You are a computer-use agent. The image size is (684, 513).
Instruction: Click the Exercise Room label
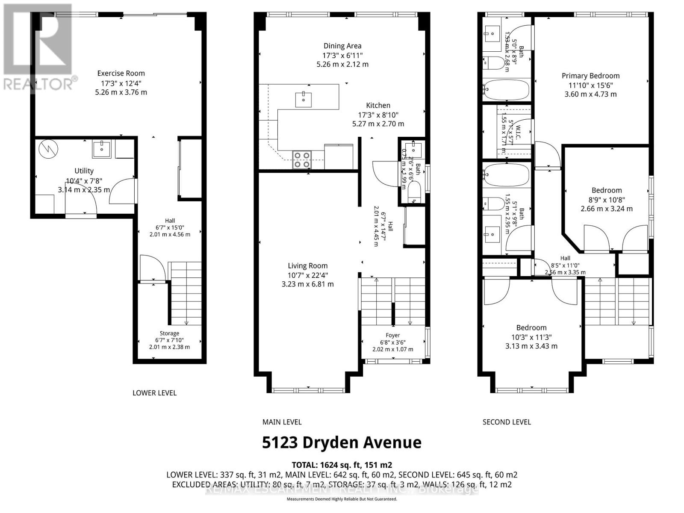(121, 73)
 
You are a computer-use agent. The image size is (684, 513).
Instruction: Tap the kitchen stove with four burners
(301, 160)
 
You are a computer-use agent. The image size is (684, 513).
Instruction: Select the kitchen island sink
(303, 100)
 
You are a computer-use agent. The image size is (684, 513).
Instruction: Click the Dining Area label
(342, 46)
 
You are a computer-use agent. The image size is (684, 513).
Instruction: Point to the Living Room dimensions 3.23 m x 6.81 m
(308, 284)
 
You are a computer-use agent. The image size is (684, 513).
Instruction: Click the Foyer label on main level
(393, 335)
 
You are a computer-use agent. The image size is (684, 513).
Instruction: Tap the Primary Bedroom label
(590, 76)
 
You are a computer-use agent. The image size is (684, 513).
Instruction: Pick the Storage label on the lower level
(169, 333)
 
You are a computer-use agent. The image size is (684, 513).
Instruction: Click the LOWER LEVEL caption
(154, 393)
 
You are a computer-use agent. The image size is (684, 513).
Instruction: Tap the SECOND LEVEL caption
(507, 422)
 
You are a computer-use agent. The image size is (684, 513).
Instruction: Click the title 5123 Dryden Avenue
(342, 442)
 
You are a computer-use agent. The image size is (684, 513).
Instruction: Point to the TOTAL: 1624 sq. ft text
(342, 465)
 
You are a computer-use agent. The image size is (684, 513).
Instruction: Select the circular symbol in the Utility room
(45, 148)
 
